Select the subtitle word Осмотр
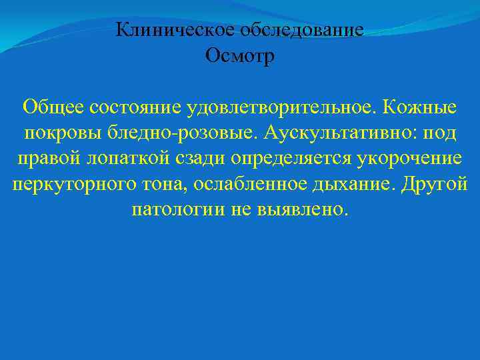pyautogui.click(x=240, y=56)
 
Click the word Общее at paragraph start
pyautogui.click(x=52, y=107)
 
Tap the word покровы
pyautogui.click(x=60, y=133)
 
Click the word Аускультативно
pyautogui.click(x=338, y=133)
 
